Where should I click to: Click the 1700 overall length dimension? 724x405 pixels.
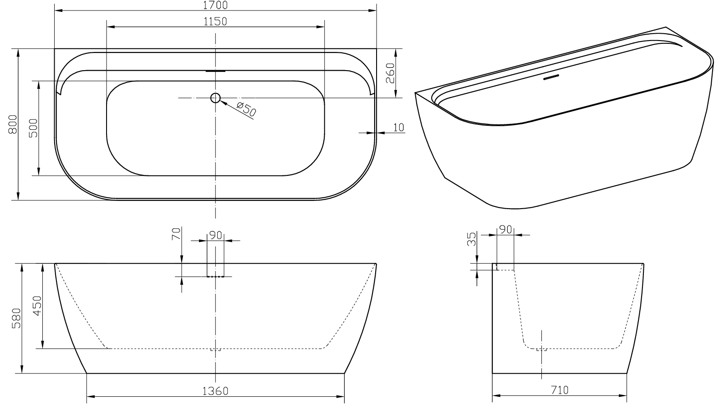point(215,5)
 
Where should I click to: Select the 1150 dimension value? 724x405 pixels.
point(215,21)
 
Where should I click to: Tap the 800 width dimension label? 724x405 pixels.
point(13,124)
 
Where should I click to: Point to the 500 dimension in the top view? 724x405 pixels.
point(33,128)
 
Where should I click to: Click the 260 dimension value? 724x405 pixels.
point(390,73)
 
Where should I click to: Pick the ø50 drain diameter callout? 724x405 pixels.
point(246,109)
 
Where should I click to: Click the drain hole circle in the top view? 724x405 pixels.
point(215,97)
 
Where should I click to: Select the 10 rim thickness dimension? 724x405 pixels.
point(399,128)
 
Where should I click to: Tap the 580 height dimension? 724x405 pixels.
point(16,318)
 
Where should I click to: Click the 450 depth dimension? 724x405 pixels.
point(37,306)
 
